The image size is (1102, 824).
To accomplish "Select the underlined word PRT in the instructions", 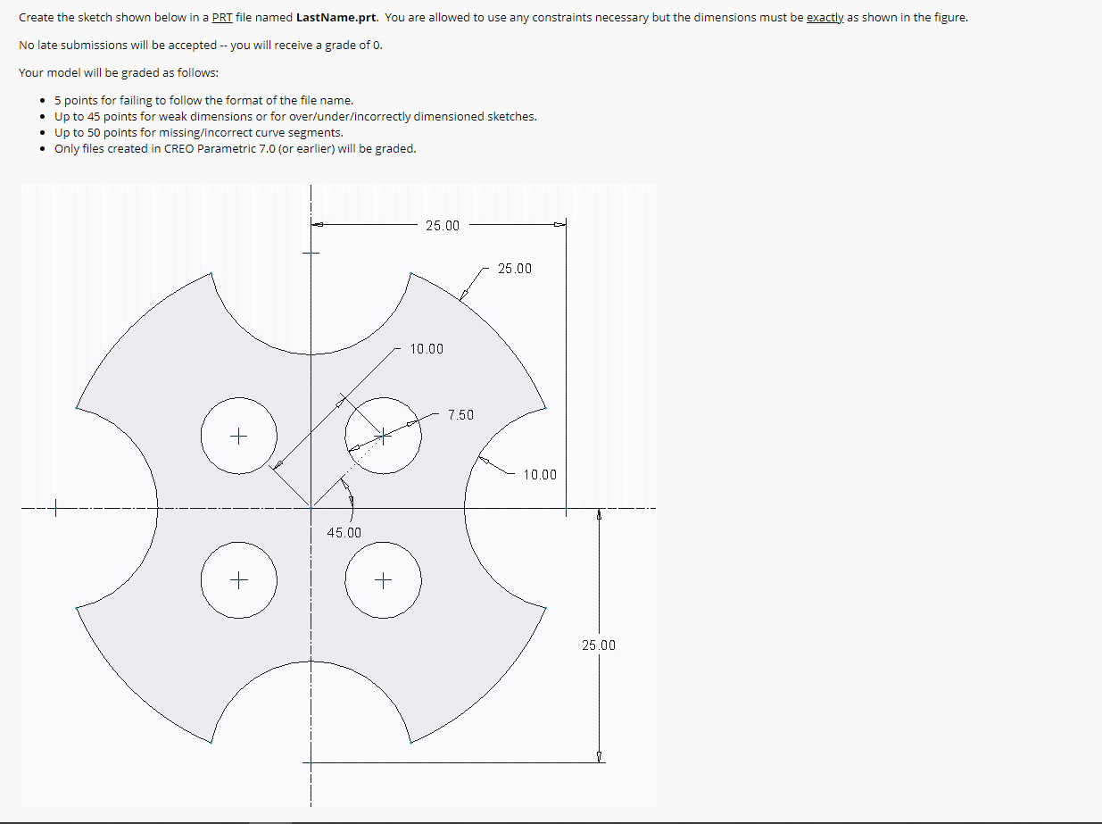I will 222,18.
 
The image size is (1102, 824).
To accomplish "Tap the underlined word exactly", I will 824,18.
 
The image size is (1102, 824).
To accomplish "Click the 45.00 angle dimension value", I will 344,533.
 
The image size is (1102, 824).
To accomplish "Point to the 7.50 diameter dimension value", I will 461,415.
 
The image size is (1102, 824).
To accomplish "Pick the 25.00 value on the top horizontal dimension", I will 443,226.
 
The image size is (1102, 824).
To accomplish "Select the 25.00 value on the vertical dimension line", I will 599,645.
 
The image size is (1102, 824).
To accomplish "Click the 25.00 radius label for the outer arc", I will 515,269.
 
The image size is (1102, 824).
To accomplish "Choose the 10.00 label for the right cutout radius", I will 540,475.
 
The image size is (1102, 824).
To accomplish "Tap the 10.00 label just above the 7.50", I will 427,349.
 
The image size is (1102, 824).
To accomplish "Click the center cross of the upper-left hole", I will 238,437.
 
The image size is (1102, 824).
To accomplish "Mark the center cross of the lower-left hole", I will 238,581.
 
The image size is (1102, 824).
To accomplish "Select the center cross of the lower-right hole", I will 383,581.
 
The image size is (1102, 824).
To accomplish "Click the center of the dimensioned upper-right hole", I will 383,436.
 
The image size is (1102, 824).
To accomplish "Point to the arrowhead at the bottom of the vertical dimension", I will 599,757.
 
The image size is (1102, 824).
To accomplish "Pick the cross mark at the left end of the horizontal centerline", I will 55,510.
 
